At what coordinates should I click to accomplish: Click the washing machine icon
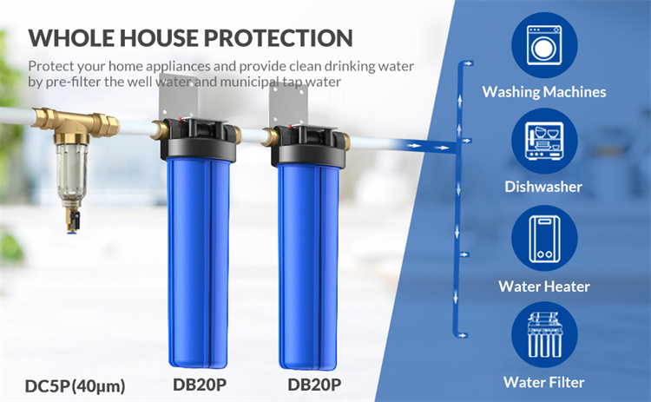point(544,45)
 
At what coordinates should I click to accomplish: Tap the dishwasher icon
point(544,142)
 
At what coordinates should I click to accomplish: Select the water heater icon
point(544,239)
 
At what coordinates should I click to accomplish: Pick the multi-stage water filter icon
point(544,335)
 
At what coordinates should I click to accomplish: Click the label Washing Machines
point(544,92)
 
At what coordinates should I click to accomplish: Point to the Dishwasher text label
point(543,187)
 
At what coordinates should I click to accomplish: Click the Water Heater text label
point(544,287)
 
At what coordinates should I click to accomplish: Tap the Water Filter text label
point(544,382)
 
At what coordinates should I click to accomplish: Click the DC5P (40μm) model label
point(76,386)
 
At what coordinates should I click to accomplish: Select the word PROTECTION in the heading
point(278,38)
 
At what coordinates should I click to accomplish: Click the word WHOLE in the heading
point(71,38)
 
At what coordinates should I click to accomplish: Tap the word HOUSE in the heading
point(160,38)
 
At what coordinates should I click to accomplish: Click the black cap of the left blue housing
point(199,140)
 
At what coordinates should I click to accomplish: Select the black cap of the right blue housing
point(308,147)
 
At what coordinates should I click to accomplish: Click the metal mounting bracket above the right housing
point(287,107)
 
